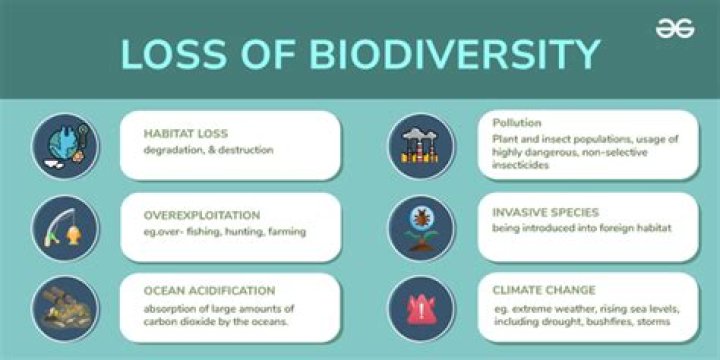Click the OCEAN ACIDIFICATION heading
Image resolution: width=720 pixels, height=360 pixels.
(210, 290)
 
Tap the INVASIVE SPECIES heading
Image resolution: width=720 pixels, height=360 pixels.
(546, 213)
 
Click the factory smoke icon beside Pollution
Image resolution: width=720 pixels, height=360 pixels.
(421, 146)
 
